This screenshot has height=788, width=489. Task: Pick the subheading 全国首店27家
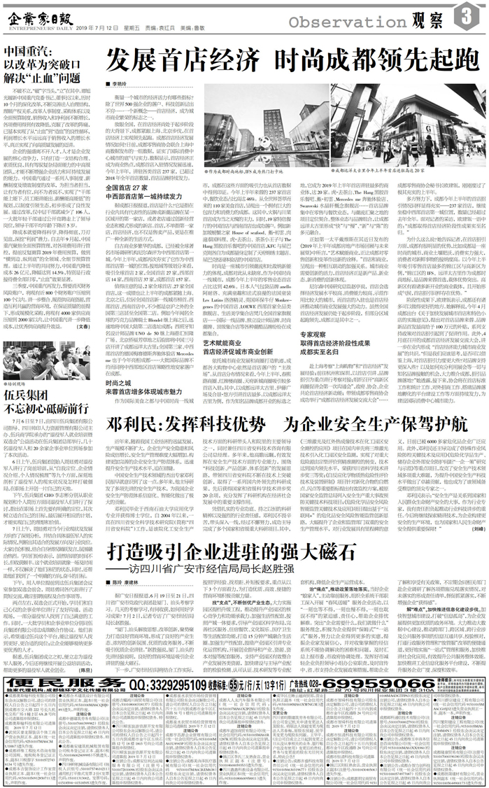tap(126, 188)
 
